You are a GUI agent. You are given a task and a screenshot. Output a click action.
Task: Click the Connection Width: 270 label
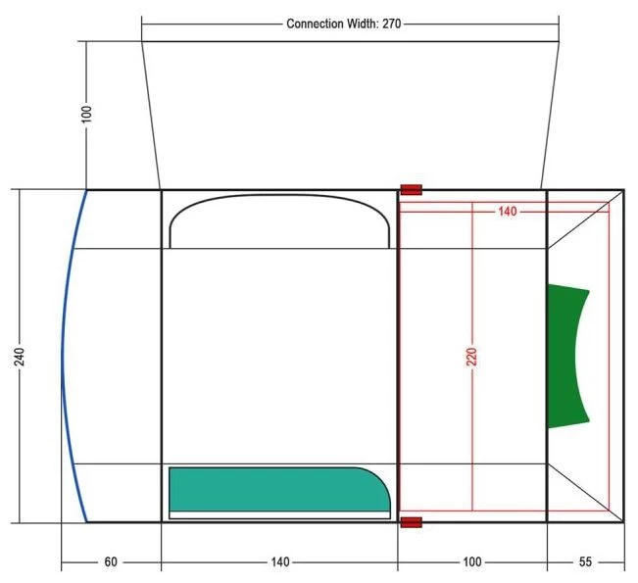343,24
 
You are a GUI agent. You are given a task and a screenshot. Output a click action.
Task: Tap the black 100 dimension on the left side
86,114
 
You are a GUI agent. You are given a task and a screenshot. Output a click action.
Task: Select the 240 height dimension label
20,357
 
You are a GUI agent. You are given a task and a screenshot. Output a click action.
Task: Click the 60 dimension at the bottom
111,561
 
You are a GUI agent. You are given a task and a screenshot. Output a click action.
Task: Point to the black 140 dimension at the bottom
280,561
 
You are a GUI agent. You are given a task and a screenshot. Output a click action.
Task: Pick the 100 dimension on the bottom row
472,561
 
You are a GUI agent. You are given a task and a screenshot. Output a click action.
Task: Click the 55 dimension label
585,561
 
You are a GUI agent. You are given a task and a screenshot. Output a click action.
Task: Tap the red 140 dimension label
508,211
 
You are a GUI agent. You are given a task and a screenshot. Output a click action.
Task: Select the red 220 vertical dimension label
471,357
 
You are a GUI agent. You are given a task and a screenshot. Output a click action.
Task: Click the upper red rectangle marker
411,189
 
